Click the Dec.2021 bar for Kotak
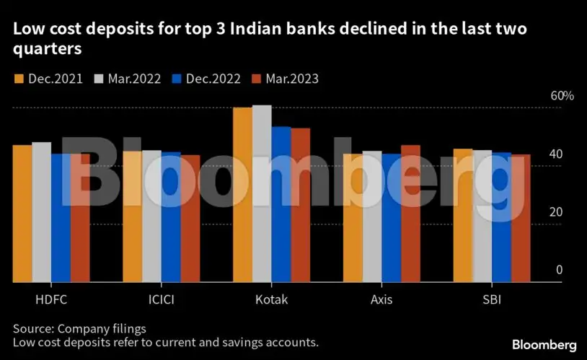pyautogui.click(x=242, y=195)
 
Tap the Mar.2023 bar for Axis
pyautogui.click(x=410, y=214)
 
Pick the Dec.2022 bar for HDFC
pyautogui.click(x=61, y=217)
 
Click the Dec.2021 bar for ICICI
pyautogui.click(x=133, y=216)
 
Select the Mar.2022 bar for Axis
pyautogui.click(x=372, y=216)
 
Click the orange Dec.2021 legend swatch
pyautogui.click(x=19, y=79)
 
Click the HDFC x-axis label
pyautogui.click(x=51, y=299)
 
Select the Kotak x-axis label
pyautogui.click(x=271, y=299)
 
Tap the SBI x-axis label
pyautogui.click(x=492, y=299)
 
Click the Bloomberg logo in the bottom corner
pyautogui.click(x=544, y=344)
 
